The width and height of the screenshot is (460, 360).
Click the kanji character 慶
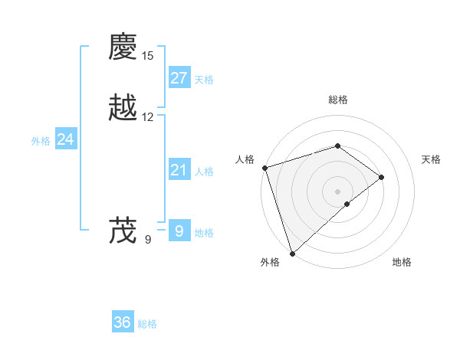pyautogui.click(x=123, y=47)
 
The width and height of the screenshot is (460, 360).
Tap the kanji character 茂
pyautogui.click(x=123, y=231)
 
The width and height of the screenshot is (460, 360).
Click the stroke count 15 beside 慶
pyautogui.click(x=148, y=56)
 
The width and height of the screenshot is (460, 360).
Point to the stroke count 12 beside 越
pyautogui.click(x=148, y=117)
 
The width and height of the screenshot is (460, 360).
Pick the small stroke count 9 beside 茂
pyautogui.click(x=148, y=240)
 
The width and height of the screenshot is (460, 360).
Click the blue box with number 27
pyautogui.click(x=179, y=78)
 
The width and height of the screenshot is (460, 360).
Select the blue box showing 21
pyautogui.click(x=179, y=170)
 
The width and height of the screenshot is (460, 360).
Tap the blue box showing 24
pyautogui.click(x=66, y=139)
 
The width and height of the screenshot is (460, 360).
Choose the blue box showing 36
pyautogui.click(x=123, y=322)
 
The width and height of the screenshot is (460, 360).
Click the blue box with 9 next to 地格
pyautogui.click(x=179, y=231)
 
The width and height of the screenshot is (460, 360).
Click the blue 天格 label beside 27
pyautogui.click(x=204, y=80)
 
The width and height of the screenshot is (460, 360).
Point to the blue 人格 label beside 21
pyautogui.click(x=204, y=172)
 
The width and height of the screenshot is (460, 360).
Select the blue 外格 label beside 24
pyautogui.click(x=41, y=141)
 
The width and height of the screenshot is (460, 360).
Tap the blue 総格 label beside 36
pyautogui.click(x=147, y=324)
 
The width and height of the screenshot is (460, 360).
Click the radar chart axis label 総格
pyautogui.click(x=337, y=100)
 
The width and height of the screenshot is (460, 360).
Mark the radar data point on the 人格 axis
pyautogui.click(x=264, y=168)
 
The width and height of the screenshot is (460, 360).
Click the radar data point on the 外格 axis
pyautogui.click(x=292, y=253)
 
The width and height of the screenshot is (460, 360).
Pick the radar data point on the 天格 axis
pyautogui.click(x=381, y=178)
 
